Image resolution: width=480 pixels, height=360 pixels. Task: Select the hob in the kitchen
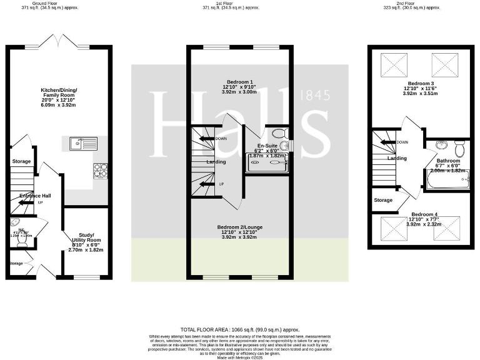(100, 170)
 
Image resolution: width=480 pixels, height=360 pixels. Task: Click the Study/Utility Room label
(86, 240)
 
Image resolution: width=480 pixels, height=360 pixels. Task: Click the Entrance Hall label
(34, 196)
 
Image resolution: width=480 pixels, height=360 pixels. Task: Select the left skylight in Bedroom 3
(392, 64)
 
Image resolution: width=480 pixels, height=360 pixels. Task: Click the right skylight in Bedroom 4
(446, 227)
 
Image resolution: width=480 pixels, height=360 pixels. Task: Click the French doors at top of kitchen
(57, 42)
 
